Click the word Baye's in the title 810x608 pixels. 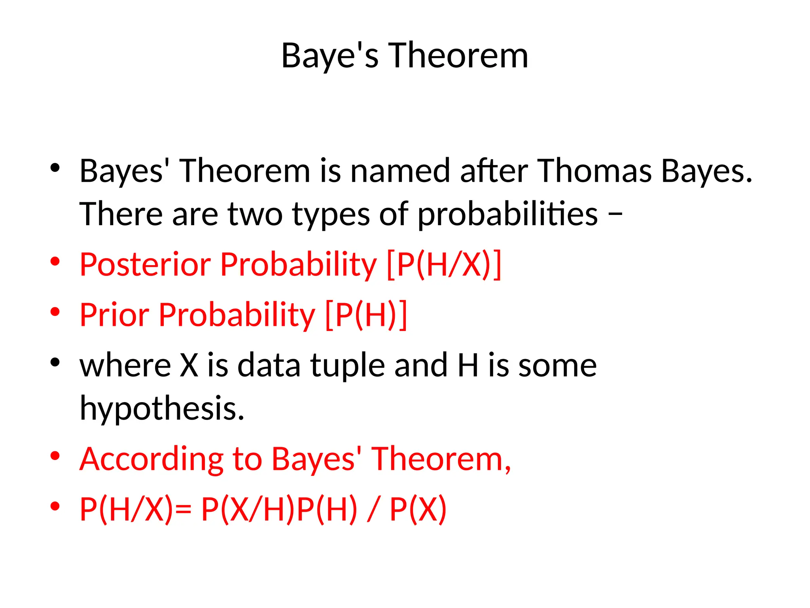pyautogui.click(x=329, y=56)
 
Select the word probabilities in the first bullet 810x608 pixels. pyautogui.click(x=507, y=215)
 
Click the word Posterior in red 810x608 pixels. pyautogui.click(x=145, y=264)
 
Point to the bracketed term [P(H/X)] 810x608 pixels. pyautogui.click(x=444, y=264)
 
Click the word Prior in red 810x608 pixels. pyautogui.click(x=114, y=315)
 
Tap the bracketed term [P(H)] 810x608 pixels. pyautogui.click(x=366, y=315)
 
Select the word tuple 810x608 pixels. pyautogui.click(x=347, y=365)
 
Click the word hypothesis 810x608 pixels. pyautogui.click(x=162, y=408)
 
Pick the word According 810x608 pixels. pyautogui.click(x=151, y=459)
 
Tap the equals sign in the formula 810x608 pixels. pyautogui.click(x=183, y=509)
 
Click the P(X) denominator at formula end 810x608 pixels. pyautogui.click(x=418, y=509)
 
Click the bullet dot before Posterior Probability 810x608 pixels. pyautogui.click(x=55, y=261)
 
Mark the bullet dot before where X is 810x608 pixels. pyautogui.click(x=55, y=362)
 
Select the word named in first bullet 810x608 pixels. pyautogui.click(x=400, y=171)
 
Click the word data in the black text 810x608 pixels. pyautogui.click(x=269, y=365)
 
